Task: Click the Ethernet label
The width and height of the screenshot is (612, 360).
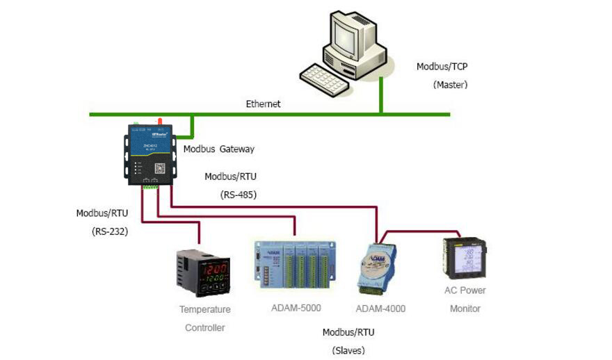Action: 263,104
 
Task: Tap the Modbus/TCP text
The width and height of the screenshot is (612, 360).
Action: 442,67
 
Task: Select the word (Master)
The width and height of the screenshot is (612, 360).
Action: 450,85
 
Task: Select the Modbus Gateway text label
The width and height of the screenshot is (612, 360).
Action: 218,149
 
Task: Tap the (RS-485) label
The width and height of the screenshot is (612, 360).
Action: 239,195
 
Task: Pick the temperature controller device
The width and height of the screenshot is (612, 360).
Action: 201,275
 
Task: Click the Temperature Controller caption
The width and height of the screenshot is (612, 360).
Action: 204,318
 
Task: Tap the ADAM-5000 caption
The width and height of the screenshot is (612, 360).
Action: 296,308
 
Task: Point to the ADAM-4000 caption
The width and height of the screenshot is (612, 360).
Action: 380,309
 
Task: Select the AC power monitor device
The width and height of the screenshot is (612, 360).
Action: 465,257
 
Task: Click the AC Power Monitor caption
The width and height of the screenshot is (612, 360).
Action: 465,299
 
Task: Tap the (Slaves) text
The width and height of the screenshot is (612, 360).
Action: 348,350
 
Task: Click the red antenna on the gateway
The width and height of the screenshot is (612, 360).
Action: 159,122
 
